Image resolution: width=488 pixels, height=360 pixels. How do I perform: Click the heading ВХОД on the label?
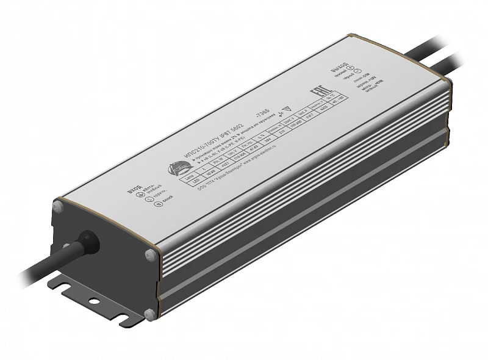click(x=132, y=190)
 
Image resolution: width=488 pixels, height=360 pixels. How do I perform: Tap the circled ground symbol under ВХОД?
click(x=138, y=196)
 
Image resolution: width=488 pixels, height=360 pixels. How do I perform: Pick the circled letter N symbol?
click(x=147, y=214)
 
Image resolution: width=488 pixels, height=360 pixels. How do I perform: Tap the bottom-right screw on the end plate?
click(x=148, y=314)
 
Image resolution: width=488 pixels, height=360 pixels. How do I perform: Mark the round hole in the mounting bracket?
click(x=93, y=301)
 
